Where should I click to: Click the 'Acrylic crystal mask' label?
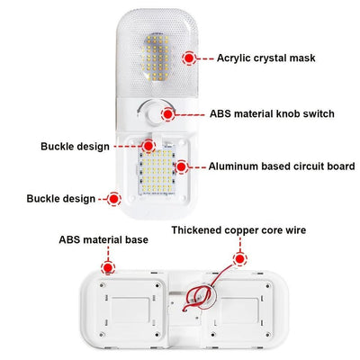tap(265, 58)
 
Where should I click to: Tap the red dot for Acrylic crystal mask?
tap(189, 58)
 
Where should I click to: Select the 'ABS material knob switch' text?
tap(272, 114)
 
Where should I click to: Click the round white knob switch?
tap(155, 113)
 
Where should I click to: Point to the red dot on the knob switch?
tap(168, 114)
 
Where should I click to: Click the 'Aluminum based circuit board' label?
tap(282, 166)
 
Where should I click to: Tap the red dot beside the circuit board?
tap(181, 166)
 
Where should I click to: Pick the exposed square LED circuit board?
tap(157, 170)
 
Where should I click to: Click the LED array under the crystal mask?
tap(156, 58)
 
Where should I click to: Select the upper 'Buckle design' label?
tap(75, 147)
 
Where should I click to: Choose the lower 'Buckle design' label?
tap(61, 199)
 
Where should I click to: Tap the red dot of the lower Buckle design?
tap(113, 199)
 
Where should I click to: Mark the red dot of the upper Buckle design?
tap(148, 146)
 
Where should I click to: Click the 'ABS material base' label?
tap(103, 240)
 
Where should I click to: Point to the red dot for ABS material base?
tap(108, 267)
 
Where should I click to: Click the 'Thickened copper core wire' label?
tap(238, 230)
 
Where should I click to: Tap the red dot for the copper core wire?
tap(240, 258)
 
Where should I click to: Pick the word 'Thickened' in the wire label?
tap(196, 230)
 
